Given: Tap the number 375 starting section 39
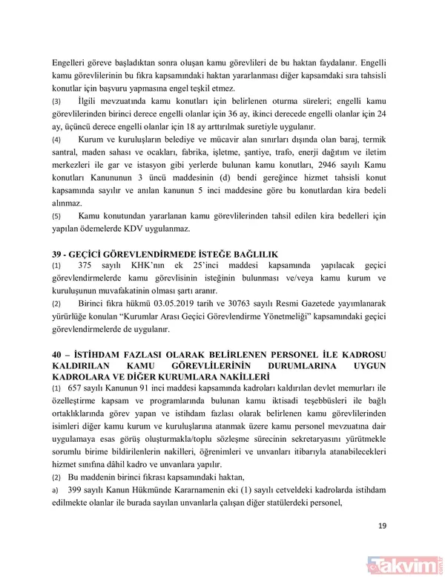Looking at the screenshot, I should click(x=87, y=266).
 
